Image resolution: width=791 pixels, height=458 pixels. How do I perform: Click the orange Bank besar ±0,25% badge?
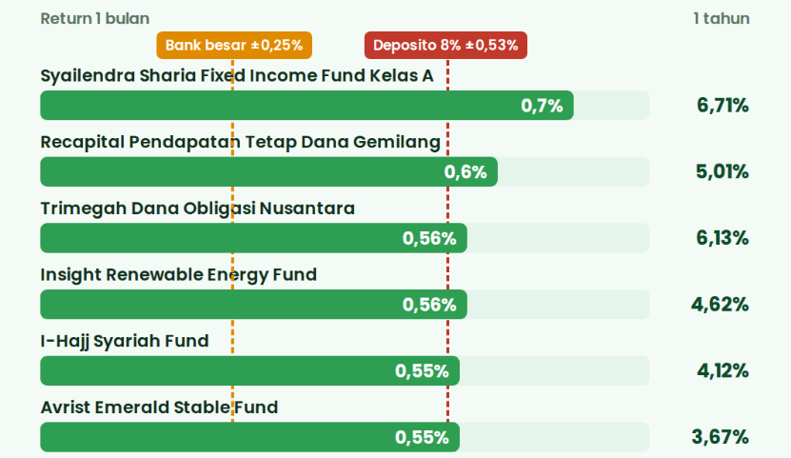pyautogui.click(x=234, y=46)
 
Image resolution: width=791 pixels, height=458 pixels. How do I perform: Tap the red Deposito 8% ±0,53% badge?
pyautogui.click(x=445, y=46)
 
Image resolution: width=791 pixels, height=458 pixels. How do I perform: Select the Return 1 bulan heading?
pyautogui.click(x=95, y=19)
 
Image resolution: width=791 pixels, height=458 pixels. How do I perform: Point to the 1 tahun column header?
pyautogui.click(x=722, y=19)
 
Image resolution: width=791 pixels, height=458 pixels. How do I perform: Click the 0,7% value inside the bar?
pyautogui.click(x=542, y=106)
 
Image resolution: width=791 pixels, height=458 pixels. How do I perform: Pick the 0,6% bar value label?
pyautogui.click(x=465, y=172)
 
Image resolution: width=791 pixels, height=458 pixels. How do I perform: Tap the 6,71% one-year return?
pyautogui.click(x=722, y=106)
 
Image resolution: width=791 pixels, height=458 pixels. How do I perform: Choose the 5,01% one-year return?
pyautogui.click(x=722, y=172)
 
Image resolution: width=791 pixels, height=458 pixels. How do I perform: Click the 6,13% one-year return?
pyautogui.click(x=722, y=238)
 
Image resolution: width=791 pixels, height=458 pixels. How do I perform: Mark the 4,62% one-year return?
pyautogui.click(x=720, y=305)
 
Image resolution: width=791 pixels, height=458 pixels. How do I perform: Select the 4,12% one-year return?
pyautogui.click(x=722, y=370)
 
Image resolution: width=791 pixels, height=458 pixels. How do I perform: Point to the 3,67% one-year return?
pyautogui.click(x=720, y=437)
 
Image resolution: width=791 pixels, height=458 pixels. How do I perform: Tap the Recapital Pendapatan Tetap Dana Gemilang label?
pyautogui.click(x=241, y=142)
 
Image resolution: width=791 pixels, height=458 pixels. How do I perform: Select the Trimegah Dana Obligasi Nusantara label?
pyautogui.click(x=198, y=209)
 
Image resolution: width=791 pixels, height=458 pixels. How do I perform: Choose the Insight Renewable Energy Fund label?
pyautogui.click(x=179, y=275)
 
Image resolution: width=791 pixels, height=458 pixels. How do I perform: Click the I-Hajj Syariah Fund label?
pyautogui.click(x=125, y=342)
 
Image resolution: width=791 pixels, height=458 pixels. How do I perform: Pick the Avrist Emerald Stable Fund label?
pyautogui.click(x=159, y=407)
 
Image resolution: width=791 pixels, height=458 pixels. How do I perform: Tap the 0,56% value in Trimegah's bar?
pyautogui.click(x=429, y=238)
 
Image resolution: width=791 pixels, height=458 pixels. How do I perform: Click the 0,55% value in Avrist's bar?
pyautogui.click(x=422, y=437)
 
